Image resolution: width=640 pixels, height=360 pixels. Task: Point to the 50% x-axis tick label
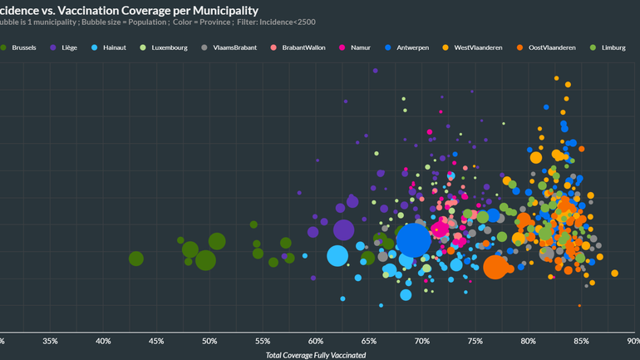point(209,340)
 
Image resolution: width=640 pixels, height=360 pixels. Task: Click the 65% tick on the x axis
point(369,340)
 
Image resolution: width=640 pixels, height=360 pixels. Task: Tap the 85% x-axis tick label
point(581,340)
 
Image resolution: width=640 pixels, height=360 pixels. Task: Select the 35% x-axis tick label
point(50,340)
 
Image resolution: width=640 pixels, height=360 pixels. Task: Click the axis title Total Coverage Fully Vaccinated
point(316,355)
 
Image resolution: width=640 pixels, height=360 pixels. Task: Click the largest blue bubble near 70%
point(413,241)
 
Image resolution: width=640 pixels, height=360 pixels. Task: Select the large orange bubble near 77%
point(495,267)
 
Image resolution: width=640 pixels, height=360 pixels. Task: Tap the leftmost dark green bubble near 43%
point(136,259)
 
